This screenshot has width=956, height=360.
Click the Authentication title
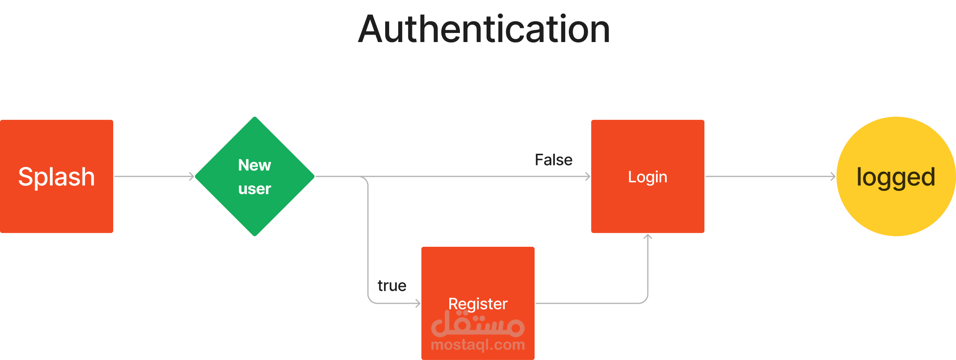pyautogui.click(x=484, y=29)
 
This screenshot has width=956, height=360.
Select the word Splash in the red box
pyautogui.click(x=57, y=177)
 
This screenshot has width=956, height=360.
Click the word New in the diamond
pyautogui.click(x=254, y=165)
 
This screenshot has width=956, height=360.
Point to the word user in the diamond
pyautogui.click(x=254, y=189)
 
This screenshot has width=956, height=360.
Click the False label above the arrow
pyautogui.click(x=553, y=160)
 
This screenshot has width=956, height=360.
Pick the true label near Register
pyautogui.click(x=392, y=286)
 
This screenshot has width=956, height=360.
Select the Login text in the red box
pyautogui.click(x=647, y=177)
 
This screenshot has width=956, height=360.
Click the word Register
pyautogui.click(x=478, y=304)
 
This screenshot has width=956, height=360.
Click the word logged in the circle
pyautogui.click(x=896, y=177)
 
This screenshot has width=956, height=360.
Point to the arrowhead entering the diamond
pyautogui.click(x=192, y=176)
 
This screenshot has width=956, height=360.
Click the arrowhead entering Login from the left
pyautogui.click(x=588, y=176)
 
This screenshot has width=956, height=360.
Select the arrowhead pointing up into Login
pyautogui.click(x=647, y=237)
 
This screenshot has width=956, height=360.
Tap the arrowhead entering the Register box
pyautogui.click(x=418, y=303)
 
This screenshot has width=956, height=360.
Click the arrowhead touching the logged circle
pyautogui.click(x=833, y=176)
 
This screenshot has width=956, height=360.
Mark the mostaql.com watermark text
pyautogui.click(x=478, y=345)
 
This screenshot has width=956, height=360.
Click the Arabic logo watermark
pyautogui.click(x=478, y=325)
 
